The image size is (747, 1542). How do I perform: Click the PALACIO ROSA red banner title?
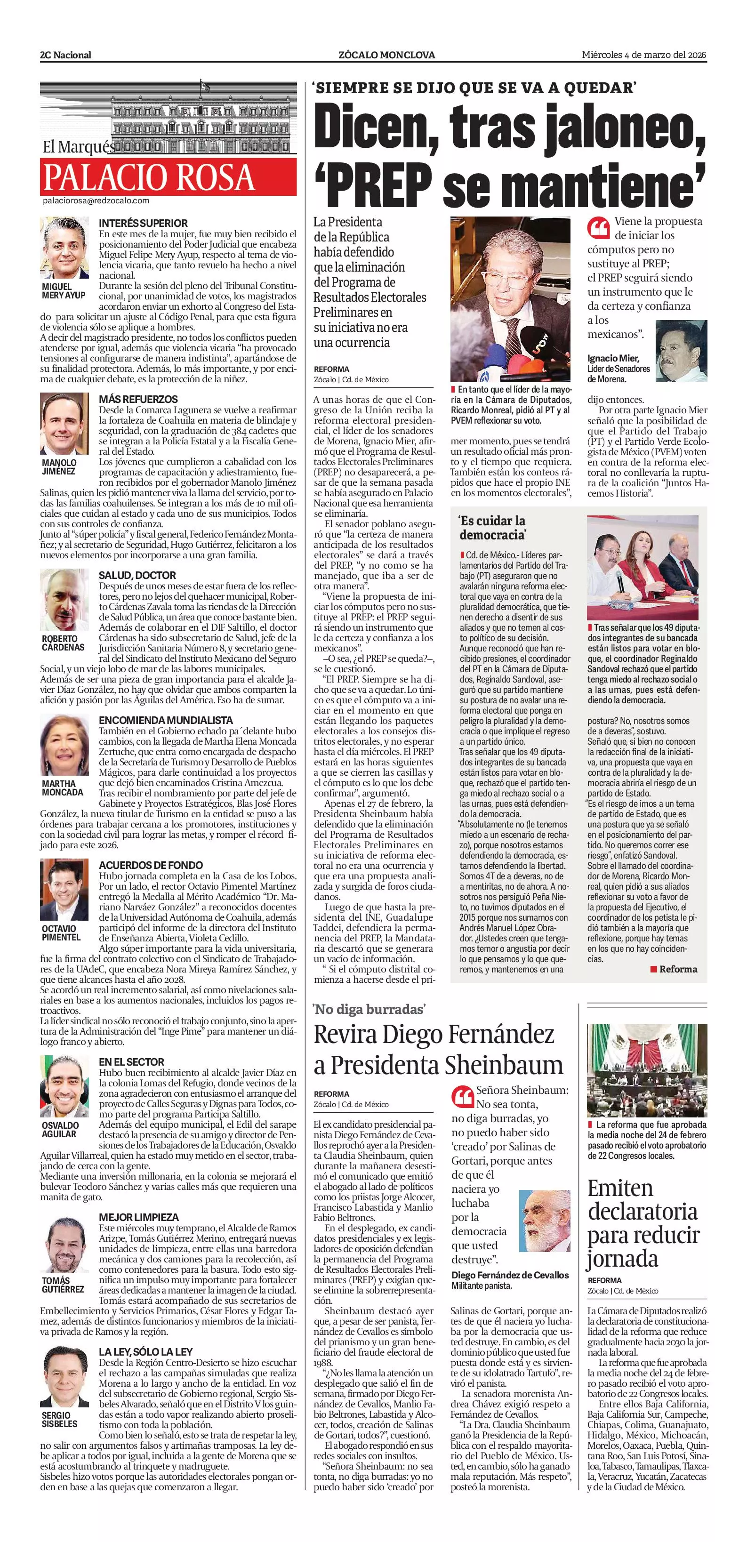point(150,177)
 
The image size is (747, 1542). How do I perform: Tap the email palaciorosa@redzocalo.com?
point(96,201)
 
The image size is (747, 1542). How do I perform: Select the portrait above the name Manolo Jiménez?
point(64,424)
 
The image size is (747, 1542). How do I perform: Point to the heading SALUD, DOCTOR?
point(137,575)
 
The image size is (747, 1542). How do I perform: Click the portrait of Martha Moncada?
point(64,745)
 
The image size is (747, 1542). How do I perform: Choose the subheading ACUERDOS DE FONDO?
point(151,865)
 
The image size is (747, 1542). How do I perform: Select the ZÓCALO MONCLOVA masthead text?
point(386,55)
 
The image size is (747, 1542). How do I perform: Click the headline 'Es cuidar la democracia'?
point(492,527)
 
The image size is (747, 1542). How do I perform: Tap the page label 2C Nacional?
point(66,55)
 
